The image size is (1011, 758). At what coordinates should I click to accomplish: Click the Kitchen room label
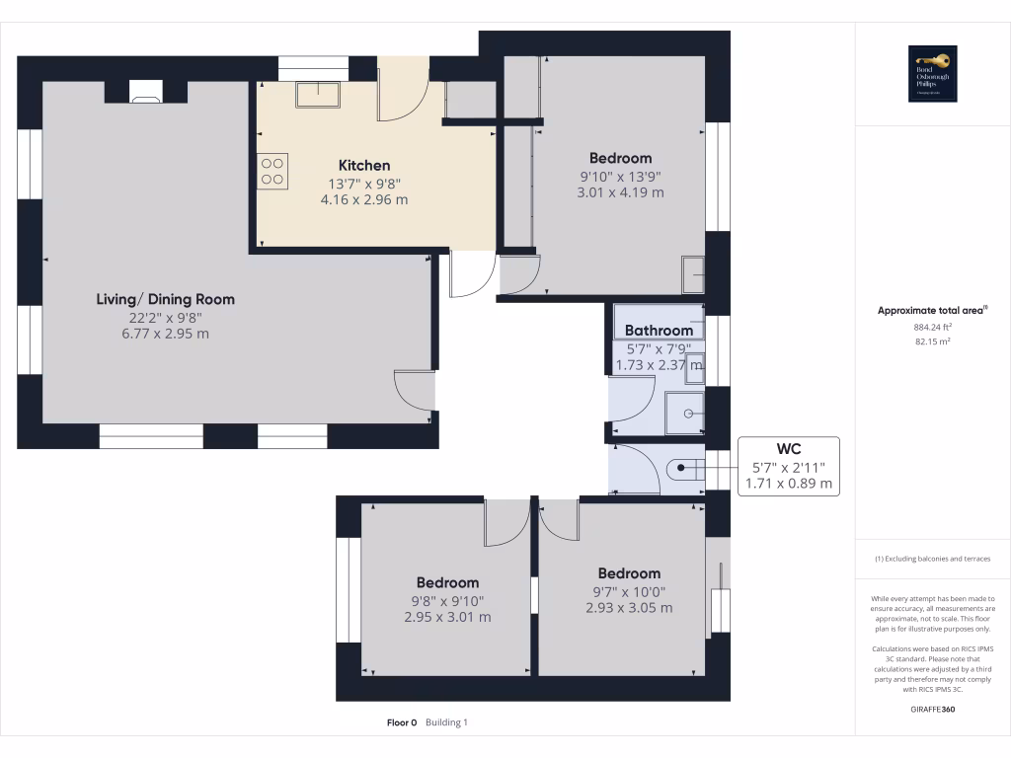click(364, 166)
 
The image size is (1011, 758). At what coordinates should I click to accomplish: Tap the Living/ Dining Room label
click(166, 299)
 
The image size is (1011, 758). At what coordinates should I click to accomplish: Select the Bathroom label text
click(659, 331)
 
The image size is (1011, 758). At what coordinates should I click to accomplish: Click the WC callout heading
click(789, 448)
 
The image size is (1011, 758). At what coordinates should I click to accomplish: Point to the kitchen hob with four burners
click(273, 171)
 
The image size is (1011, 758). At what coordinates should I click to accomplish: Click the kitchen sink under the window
click(318, 94)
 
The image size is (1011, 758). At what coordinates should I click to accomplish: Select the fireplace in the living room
click(146, 93)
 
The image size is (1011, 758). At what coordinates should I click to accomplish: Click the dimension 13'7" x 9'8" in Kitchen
click(364, 184)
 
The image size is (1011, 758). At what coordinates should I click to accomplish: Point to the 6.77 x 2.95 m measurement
click(166, 334)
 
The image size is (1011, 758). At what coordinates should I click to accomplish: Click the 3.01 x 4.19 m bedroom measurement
click(620, 192)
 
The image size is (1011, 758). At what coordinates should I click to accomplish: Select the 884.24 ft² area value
click(931, 327)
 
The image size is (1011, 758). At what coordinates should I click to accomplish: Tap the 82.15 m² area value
click(931, 341)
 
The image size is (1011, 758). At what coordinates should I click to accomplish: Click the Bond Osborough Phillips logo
click(931, 74)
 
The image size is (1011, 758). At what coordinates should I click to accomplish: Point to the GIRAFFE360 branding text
click(933, 710)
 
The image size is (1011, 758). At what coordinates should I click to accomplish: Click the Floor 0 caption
click(402, 722)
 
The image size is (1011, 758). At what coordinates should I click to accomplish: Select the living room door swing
click(413, 389)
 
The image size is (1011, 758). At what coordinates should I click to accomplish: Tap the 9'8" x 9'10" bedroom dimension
click(447, 600)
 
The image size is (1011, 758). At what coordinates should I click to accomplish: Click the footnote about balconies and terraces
click(932, 559)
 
